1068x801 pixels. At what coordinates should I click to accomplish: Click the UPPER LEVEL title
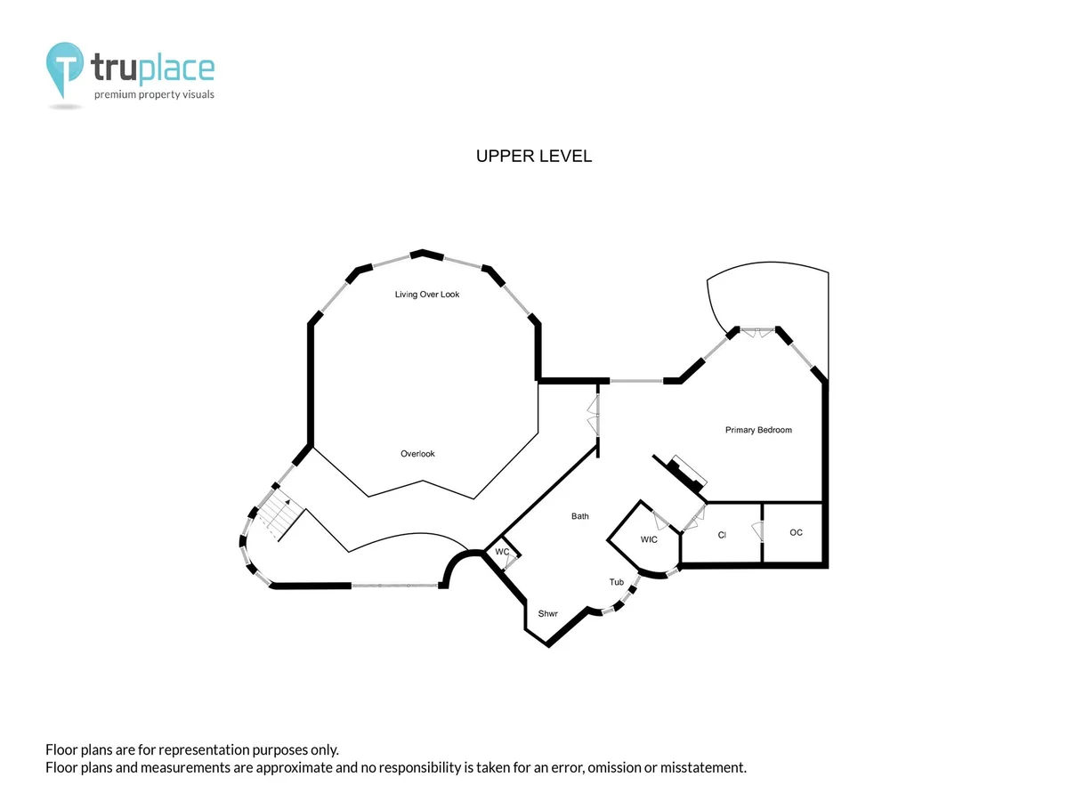[x=534, y=156]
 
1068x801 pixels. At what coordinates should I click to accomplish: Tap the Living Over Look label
[x=426, y=295]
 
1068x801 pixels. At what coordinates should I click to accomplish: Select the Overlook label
[x=417, y=454]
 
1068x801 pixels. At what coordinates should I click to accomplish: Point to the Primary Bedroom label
[x=758, y=430]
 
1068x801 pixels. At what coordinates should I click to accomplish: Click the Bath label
[x=579, y=516]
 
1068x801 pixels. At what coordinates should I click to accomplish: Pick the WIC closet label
[x=649, y=539]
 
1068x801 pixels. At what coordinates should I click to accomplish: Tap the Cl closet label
[x=722, y=535]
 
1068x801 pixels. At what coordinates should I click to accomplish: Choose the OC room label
[x=796, y=532]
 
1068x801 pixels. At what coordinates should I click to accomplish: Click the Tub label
[x=617, y=582]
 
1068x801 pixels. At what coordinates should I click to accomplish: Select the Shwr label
[x=547, y=614]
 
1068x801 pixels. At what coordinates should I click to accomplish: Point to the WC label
[x=502, y=552]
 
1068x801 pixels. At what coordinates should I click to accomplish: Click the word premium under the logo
[x=115, y=94]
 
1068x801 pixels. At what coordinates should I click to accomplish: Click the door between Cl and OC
[x=757, y=531]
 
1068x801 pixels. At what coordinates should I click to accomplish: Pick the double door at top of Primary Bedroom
[x=757, y=333]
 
